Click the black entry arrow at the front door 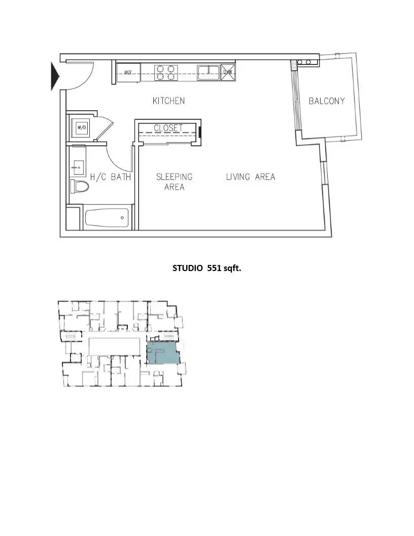[55, 76]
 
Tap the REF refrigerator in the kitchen [128, 73]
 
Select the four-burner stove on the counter [166, 73]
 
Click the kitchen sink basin [208, 73]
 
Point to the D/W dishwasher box [228, 72]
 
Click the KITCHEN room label [169, 101]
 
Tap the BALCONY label [327, 101]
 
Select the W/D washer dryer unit [82, 128]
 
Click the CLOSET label [168, 128]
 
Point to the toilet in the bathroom [80, 186]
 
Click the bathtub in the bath [107, 218]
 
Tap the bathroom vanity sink [78, 167]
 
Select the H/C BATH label [111, 177]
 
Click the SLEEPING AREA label [174, 182]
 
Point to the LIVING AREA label [251, 177]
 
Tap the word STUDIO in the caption [188, 268]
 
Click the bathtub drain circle [122, 218]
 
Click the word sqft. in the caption [232, 269]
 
